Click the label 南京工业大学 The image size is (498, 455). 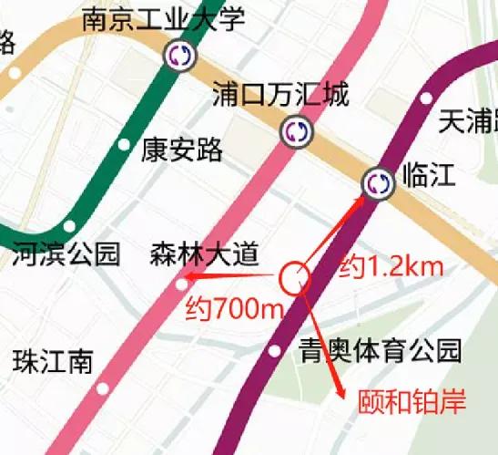coord(164,19)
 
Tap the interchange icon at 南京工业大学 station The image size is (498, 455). coord(179,57)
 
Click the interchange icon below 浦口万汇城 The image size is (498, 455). coord(296,131)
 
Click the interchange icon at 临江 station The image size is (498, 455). coord(378,183)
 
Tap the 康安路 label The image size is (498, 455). coord(182,150)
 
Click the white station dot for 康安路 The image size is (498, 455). coord(125,145)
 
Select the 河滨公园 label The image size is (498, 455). coord(66,253)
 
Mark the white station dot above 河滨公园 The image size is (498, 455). coord(70,227)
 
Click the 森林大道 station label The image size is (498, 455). coord(205,254)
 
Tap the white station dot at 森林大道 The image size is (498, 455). coord(181,285)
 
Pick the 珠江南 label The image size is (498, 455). coord(54,361)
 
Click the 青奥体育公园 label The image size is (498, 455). coord(381,350)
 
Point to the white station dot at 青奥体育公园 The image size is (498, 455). coord(275,351)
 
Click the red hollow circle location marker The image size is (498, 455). coord(294,278)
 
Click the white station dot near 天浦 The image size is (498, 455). coord(426,98)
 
